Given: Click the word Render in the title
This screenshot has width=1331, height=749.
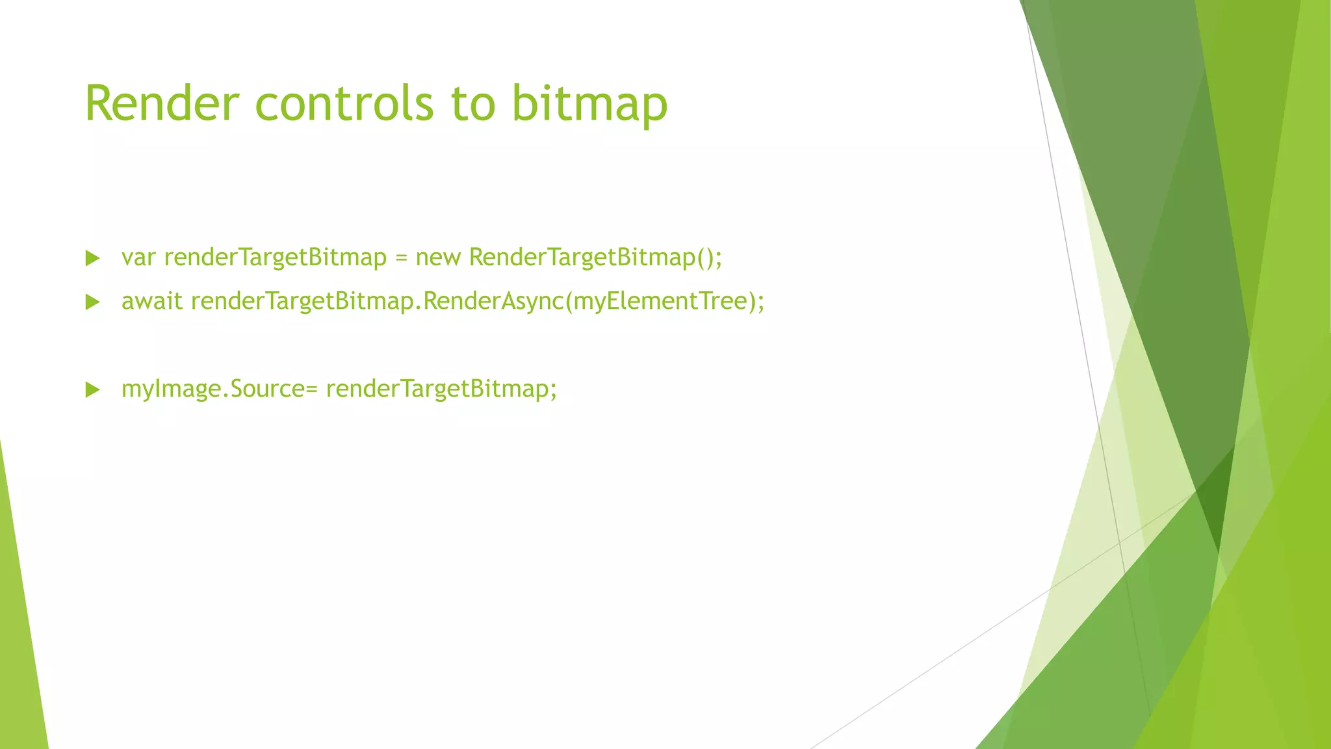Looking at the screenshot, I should (162, 104).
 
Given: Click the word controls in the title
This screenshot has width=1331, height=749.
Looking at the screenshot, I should (344, 104).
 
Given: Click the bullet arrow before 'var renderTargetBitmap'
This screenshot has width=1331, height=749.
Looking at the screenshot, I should (93, 258).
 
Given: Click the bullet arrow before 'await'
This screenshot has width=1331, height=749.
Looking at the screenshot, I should (93, 302).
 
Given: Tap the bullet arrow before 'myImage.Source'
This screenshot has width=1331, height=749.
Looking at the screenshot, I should (93, 390).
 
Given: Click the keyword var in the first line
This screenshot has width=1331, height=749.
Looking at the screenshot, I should (138, 257).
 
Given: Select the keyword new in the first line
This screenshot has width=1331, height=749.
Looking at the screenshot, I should (438, 257).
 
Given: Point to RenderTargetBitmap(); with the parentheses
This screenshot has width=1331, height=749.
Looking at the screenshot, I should (595, 257).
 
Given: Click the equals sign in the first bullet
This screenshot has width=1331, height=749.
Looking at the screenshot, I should (401, 258).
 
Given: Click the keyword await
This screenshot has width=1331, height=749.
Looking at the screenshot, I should (151, 301).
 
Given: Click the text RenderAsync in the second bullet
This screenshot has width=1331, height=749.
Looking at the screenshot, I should (493, 301).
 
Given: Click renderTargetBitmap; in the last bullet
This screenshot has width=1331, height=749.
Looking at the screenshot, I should (441, 389).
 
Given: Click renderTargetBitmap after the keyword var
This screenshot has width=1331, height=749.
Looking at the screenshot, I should (275, 257).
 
